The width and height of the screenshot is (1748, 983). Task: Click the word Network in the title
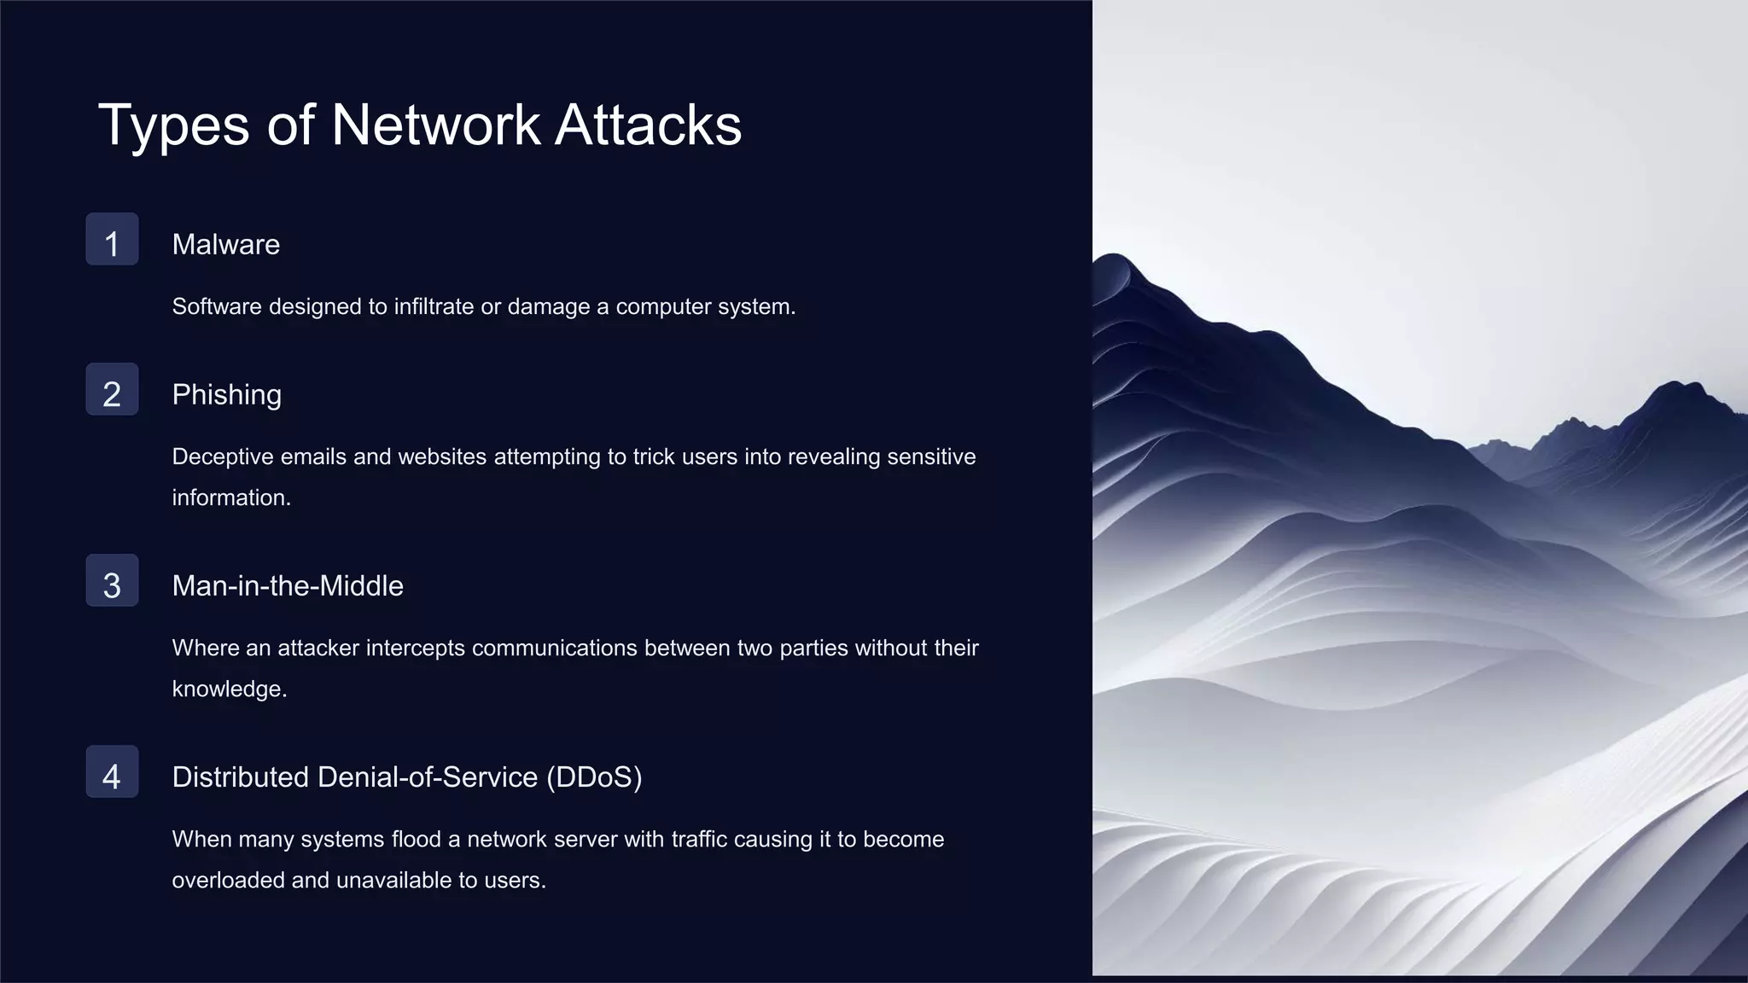pyautogui.click(x=435, y=125)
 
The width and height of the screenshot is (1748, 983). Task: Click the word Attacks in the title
pyautogui.click(x=648, y=125)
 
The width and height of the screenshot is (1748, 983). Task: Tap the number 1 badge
pyautogui.click(x=112, y=240)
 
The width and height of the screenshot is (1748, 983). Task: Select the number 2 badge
pyautogui.click(x=112, y=390)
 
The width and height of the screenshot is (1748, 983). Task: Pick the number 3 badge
pyautogui.click(x=112, y=581)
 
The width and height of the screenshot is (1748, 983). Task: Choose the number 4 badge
pyautogui.click(x=112, y=772)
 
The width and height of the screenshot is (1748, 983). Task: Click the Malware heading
pyautogui.click(x=226, y=245)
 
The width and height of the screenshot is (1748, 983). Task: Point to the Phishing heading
pyautogui.click(x=227, y=395)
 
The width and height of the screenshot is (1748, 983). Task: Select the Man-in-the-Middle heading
pyautogui.click(x=288, y=586)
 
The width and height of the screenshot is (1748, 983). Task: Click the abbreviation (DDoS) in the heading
pyautogui.click(x=594, y=777)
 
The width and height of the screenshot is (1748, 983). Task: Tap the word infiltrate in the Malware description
pyautogui.click(x=433, y=306)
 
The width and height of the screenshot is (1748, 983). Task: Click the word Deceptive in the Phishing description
pyautogui.click(x=223, y=457)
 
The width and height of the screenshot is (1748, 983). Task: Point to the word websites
pyautogui.click(x=442, y=457)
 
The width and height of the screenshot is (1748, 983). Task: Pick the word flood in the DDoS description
pyautogui.click(x=416, y=839)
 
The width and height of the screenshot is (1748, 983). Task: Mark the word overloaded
pyautogui.click(x=229, y=880)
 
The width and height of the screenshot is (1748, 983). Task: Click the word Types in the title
pyautogui.click(x=174, y=125)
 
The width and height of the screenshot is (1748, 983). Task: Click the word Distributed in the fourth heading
pyautogui.click(x=240, y=777)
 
